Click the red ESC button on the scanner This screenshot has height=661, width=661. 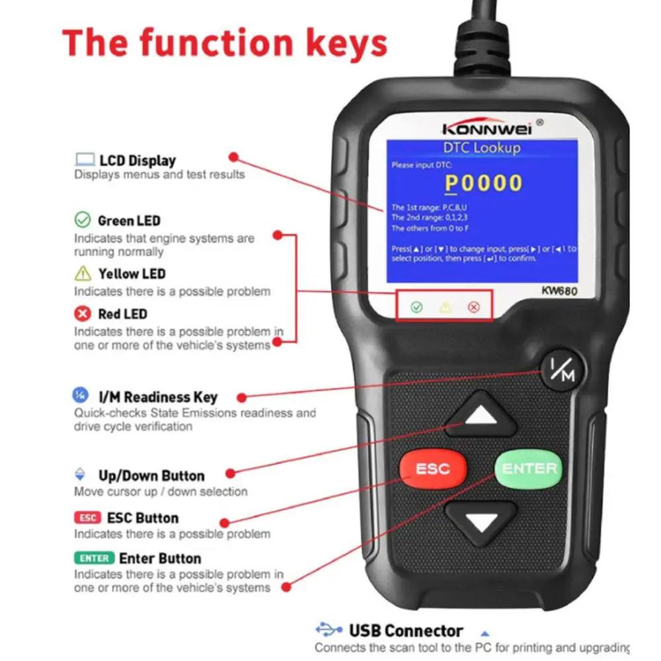[x=432, y=469]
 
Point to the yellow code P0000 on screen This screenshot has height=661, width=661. [x=483, y=183]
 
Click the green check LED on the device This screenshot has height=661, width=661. [x=416, y=307]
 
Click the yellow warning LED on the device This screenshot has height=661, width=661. [x=445, y=307]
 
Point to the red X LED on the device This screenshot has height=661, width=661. [x=473, y=307]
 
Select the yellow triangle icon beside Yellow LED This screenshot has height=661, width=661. [x=83, y=273]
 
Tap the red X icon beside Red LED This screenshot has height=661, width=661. [x=83, y=313]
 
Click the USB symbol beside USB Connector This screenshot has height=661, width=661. [x=329, y=630]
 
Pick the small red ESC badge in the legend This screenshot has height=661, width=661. [x=87, y=518]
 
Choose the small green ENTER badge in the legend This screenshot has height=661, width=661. [x=94, y=558]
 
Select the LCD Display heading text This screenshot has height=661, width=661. [x=137, y=160]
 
